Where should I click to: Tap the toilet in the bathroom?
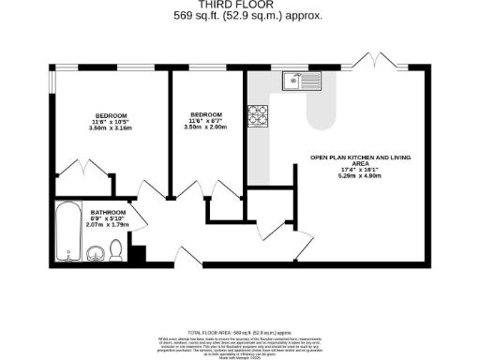[x=115, y=249]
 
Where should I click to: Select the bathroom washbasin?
[x=96, y=253]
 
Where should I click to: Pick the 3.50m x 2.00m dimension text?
[x=196, y=124]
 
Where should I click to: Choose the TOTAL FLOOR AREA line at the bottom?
[x=239, y=332]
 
